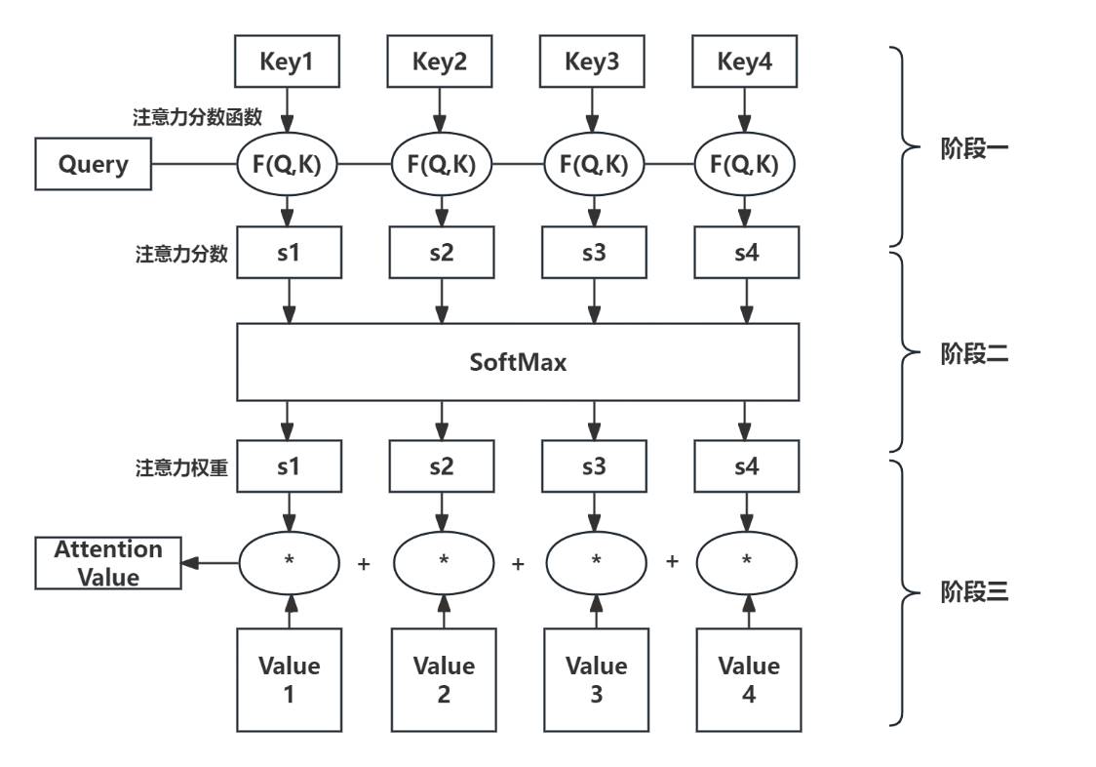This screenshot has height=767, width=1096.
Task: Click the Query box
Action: pos(94,164)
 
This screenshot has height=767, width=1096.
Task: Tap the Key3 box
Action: pos(593,62)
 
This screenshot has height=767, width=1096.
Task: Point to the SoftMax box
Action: pos(518,362)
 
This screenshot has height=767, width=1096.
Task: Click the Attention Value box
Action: pos(108,563)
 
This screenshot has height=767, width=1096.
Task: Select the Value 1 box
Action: pos(289,680)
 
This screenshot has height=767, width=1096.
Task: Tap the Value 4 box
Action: pos(749,680)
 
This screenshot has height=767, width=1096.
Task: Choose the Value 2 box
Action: pos(443,680)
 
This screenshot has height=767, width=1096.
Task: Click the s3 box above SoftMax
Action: pos(593,254)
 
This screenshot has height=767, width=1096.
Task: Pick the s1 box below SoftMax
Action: pos(289,466)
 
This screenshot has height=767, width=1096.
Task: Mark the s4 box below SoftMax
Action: pos(746,466)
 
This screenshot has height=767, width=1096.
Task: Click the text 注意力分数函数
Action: pos(197,117)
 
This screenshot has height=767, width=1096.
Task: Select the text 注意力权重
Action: pos(181,467)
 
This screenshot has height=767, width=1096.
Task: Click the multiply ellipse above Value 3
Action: pos(595,562)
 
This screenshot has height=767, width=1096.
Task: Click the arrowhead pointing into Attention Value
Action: pos(189,562)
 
